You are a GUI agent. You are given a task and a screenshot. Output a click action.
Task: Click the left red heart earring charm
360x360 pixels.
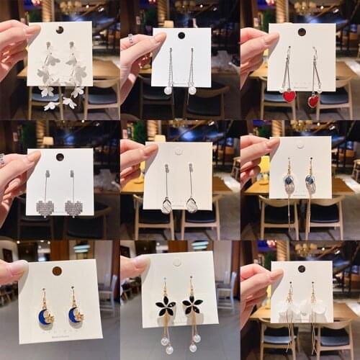pyautogui.click(x=289, y=96)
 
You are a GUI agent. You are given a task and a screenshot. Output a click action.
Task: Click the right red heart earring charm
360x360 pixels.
pyautogui.click(x=314, y=101)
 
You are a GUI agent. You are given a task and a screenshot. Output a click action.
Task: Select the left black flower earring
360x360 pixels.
pyautogui.click(x=166, y=305)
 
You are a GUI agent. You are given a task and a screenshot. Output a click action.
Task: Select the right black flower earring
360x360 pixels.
pyautogui.click(x=192, y=305)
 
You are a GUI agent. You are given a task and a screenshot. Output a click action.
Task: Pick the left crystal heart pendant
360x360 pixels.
pyautogui.click(x=45, y=207)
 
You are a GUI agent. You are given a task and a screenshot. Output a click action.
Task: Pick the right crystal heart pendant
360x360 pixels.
pyautogui.click(x=73, y=207)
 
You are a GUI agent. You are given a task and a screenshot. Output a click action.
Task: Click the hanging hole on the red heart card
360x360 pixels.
pyautogui.click(x=302, y=32)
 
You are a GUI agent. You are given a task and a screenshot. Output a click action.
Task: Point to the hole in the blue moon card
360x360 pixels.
pyautogui.click(x=57, y=271)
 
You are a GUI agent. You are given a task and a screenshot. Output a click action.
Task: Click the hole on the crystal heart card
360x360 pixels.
pyautogui.click(x=60, y=156)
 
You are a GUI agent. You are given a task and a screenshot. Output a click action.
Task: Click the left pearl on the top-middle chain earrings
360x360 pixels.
pyautogui.click(x=167, y=91)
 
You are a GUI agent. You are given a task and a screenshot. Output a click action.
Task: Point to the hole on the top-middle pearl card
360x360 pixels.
pyautogui.click(x=181, y=35)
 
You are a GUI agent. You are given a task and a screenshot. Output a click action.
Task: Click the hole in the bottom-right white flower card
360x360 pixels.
pyautogui.click(x=302, y=269)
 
